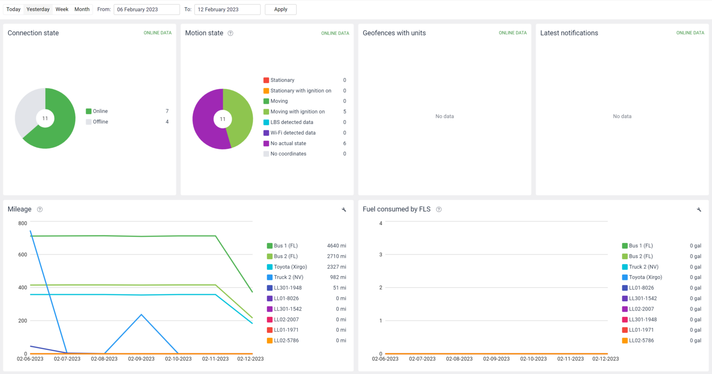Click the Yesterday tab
click(38, 9)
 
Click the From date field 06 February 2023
click(146, 9)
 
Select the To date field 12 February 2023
click(227, 9)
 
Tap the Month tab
click(82, 9)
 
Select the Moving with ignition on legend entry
click(298, 112)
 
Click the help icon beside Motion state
click(230, 33)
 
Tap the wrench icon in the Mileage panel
click(344, 209)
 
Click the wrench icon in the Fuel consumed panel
click(699, 209)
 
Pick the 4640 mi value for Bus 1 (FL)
click(337, 246)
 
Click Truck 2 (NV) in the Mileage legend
click(288, 277)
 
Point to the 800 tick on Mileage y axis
click(22, 223)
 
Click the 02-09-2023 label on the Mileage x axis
click(141, 359)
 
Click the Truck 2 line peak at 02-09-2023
click(141, 315)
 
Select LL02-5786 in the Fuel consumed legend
click(641, 341)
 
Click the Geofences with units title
click(394, 33)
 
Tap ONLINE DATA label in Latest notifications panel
click(690, 33)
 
